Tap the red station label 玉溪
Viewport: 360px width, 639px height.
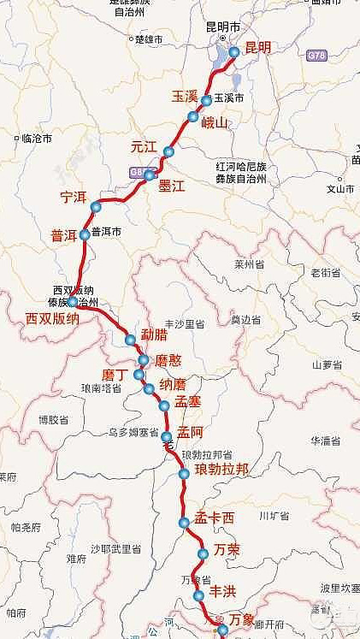tap(186, 96)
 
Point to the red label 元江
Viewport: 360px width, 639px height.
tap(144, 146)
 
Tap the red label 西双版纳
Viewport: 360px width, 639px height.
tap(53, 319)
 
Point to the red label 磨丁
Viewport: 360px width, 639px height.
tap(115, 376)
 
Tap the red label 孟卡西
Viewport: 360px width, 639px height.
tap(214, 518)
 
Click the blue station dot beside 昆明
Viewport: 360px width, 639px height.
tap(234, 53)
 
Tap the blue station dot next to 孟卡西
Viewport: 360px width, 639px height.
tap(184, 523)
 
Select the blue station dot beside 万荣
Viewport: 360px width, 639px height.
tap(204, 554)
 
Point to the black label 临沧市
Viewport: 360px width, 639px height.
tap(36, 138)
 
